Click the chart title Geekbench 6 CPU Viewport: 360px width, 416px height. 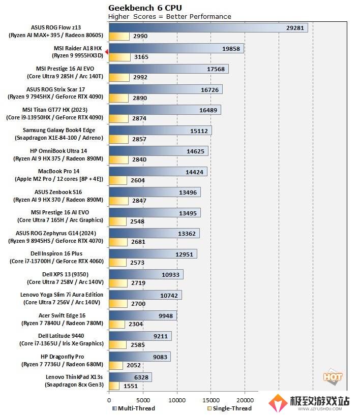point(145,8)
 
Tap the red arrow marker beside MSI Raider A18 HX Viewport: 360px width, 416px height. point(106,52)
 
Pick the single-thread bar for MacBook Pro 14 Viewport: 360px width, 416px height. point(117,180)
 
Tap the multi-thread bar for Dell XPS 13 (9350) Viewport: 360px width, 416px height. point(146,274)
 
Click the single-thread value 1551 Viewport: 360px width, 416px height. point(130,386)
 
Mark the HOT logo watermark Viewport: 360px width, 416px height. point(333,377)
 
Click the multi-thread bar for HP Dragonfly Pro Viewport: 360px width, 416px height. point(139,357)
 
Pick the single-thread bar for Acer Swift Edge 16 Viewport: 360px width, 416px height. point(116,324)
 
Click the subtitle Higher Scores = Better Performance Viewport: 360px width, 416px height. point(170,17)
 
